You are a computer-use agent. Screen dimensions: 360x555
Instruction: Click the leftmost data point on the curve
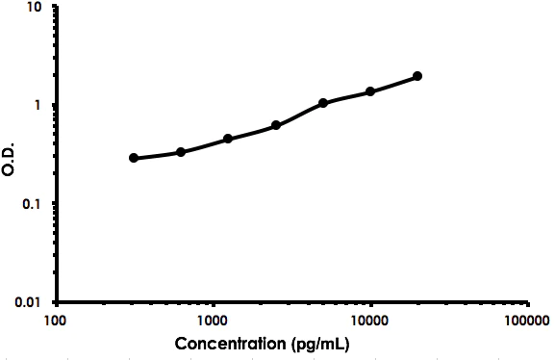pyautogui.click(x=134, y=158)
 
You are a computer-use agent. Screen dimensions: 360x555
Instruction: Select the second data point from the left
pyautogui.click(x=181, y=152)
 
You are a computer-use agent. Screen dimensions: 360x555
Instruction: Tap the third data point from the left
pyautogui.click(x=228, y=139)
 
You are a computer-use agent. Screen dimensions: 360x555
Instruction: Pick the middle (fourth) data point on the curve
pyautogui.click(x=276, y=125)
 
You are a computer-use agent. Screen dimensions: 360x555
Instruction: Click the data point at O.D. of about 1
pyautogui.click(x=323, y=103)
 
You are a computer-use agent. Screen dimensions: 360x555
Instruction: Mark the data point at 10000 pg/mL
pyautogui.click(x=370, y=91)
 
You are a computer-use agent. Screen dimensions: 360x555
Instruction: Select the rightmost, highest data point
pyautogui.click(x=417, y=76)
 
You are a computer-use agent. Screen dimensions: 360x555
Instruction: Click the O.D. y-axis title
pyautogui.click(x=10, y=154)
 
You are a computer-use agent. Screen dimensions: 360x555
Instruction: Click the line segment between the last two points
pyautogui.click(x=394, y=84)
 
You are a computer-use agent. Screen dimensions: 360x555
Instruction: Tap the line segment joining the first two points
pyautogui.click(x=157, y=155)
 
